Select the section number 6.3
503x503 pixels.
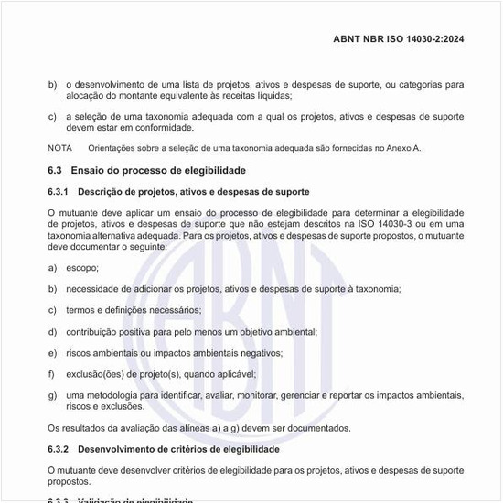[54, 171]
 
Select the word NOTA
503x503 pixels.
[59, 148]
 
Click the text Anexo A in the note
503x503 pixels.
[399, 148]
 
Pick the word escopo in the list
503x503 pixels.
[81, 268]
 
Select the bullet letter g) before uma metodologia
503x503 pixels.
[52, 395]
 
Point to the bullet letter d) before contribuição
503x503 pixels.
[52, 331]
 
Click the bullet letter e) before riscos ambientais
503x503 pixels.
[52, 352]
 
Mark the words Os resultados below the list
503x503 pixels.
[76, 427]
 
